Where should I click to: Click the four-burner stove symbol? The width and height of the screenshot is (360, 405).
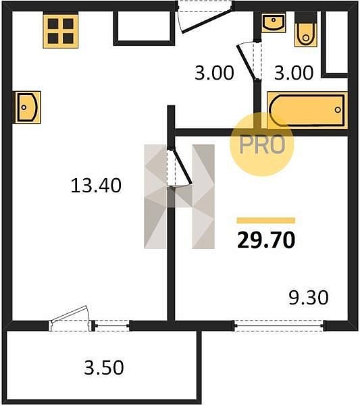tap(61, 31)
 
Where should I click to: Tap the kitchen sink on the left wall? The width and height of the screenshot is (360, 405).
tap(28, 107)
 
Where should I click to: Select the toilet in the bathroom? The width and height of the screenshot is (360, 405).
tap(306, 32)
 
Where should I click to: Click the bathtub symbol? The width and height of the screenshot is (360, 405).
tap(307, 110)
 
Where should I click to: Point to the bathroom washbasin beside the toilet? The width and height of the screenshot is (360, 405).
tap(274, 23)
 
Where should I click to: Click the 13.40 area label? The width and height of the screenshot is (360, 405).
tap(96, 186)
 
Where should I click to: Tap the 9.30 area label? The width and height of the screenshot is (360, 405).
tap(308, 297)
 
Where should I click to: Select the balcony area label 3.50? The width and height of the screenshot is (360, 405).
tap(104, 368)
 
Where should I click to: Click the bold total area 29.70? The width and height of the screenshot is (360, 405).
tap(266, 240)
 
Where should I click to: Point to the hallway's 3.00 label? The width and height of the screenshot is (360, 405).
tap(214, 73)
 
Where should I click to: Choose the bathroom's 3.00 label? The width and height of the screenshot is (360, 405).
tap(294, 73)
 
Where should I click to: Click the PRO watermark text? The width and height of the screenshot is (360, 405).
tap(262, 144)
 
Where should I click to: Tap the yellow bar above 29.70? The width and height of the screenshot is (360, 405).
tap(266, 220)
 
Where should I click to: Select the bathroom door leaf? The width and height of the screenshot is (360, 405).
tap(247, 62)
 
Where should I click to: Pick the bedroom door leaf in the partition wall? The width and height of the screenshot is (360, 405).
tap(182, 166)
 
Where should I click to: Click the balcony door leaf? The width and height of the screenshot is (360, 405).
tap(69, 314)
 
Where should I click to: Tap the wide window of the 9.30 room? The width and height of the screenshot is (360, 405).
tap(278, 325)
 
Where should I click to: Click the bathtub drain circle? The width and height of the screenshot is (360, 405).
tap(338, 110)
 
